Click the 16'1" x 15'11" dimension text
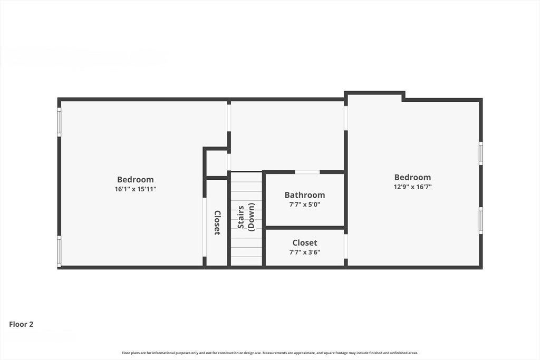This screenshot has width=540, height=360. [x=136, y=189]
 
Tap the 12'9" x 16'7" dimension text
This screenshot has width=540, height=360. [x=412, y=187]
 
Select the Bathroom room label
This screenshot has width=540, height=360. [x=305, y=195]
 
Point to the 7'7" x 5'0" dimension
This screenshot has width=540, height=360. [x=305, y=205]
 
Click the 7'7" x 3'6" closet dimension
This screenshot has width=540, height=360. [x=305, y=252]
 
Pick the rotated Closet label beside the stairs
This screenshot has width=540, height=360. [x=217, y=222]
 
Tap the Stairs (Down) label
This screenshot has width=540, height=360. [x=246, y=217]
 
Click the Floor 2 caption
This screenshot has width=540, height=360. [x=21, y=324]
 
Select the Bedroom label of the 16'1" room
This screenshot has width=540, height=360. [x=136, y=179]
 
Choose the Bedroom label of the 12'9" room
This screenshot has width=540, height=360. [x=412, y=177]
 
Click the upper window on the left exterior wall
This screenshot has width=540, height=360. [x=59, y=122]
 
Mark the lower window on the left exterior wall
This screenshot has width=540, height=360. [x=59, y=251]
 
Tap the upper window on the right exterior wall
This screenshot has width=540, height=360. [x=481, y=153]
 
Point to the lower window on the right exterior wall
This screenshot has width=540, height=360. [x=481, y=221]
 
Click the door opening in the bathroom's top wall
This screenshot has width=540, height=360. [x=307, y=172]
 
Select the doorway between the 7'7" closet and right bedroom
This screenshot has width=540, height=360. [x=346, y=246]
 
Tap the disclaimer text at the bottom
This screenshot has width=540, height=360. [x=270, y=353]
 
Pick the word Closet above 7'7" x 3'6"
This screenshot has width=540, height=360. [x=305, y=242]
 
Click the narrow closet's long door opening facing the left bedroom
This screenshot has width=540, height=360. [x=204, y=227]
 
